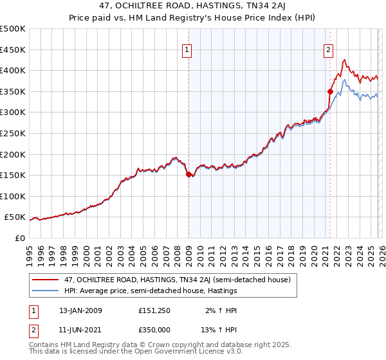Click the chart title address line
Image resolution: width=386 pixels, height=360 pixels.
pyautogui.click(x=192, y=6)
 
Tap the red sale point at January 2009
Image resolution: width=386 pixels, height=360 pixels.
pyautogui.click(x=188, y=174)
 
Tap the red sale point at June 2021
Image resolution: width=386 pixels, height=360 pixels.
pyautogui.click(x=329, y=91)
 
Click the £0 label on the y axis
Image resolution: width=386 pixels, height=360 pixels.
pyautogui.click(x=19, y=238)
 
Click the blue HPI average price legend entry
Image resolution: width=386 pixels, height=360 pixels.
pyautogui.click(x=151, y=291)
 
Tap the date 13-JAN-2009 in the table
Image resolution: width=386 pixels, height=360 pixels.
pyautogui.click(x=80, y=310)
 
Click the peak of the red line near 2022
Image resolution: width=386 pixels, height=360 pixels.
pyautogui.click(x=345, y=60)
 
